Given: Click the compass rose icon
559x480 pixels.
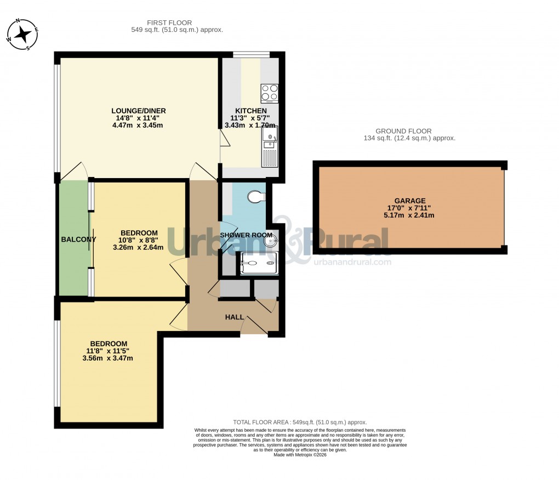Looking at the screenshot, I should tap(22, 34).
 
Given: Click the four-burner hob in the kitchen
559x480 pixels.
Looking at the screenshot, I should tap(269, 93).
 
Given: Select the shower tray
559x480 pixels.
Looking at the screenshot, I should tap(259, 264).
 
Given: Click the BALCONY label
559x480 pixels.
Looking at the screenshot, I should tap(78, 239).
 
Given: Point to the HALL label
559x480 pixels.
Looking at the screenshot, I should tap(235, 317).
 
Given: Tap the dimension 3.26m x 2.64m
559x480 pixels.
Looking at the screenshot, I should tap(138, 247).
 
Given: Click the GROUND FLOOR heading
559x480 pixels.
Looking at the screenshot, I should tap(403, 132).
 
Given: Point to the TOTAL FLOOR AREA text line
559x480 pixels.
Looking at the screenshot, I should tap(300, 422).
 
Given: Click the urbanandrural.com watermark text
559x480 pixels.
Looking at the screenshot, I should tap(352, 262).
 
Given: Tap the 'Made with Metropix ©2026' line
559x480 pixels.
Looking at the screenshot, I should tap(300, 455).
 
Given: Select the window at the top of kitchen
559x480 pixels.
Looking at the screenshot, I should tap(251, 54).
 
